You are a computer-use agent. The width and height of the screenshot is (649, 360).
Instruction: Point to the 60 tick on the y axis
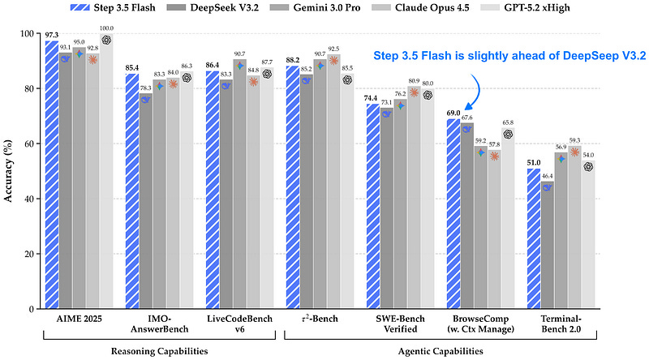(26, 144)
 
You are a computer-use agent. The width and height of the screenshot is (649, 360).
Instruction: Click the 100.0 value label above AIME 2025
(107, 28)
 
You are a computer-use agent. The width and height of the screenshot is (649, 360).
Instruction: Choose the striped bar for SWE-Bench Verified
(373, 206)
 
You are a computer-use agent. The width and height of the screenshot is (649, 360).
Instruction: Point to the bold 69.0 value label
(453, 113)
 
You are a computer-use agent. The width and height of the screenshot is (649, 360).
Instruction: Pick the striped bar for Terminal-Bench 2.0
(535, 238)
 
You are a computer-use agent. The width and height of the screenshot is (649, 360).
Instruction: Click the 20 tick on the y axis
(26, 254)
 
